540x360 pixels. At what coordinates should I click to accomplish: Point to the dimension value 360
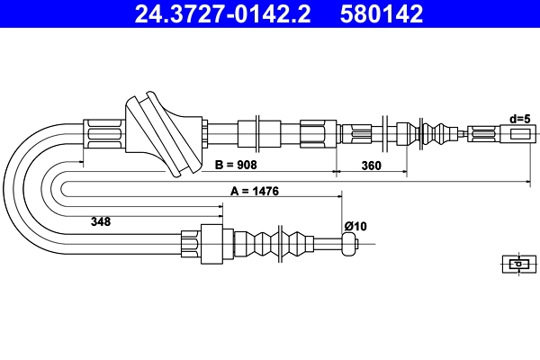tap(371, 166)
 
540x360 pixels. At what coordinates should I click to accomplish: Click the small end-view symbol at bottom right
tap(516, 264)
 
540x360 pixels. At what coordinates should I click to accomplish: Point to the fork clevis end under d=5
tap(517, 135)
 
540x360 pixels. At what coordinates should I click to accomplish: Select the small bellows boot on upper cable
tap(438, 134)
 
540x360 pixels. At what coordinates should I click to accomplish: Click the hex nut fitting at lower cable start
tap(190, 245)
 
